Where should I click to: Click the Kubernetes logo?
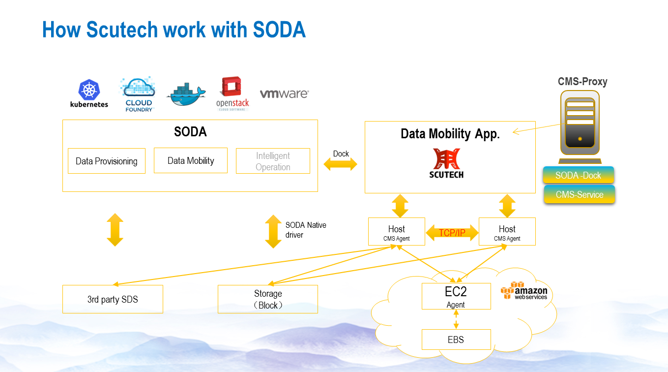tap(89, 94)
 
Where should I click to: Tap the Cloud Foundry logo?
tap(138, 94)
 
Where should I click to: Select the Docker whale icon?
tap(187, 94)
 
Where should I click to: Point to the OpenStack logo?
tap(232, 93)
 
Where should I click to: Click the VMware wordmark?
tap(284, 93)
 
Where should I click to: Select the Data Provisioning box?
tap(107, 161)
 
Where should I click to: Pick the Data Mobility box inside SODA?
tap(191, 160)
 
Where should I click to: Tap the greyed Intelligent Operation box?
tap(273, 161)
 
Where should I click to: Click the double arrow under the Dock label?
tap(340, 165)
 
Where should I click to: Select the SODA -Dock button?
tap(579, 175)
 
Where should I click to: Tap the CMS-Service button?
tap(580, 194)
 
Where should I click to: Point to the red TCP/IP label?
tap(452, 233)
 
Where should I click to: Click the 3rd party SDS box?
tap(113, 299)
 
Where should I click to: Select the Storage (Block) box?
tap(268, 299)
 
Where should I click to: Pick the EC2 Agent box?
tap(456, 296)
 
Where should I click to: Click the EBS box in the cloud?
tap(456, 340)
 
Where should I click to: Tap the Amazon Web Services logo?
tap(524, 291)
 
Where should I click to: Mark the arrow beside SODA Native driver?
tap(273, 231)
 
